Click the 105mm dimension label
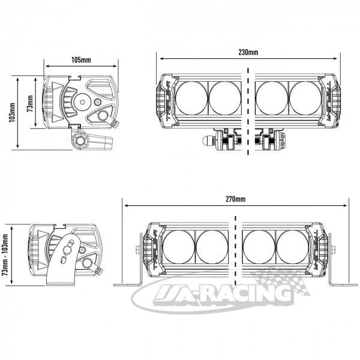click(x=81, y=60)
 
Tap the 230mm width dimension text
click(x=248, y=52)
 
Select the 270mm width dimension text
click(x=236, y=199)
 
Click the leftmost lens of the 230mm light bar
click(x=192, y=97)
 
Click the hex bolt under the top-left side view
click(x=79, y=141)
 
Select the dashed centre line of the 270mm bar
click(x=235, y=252)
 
